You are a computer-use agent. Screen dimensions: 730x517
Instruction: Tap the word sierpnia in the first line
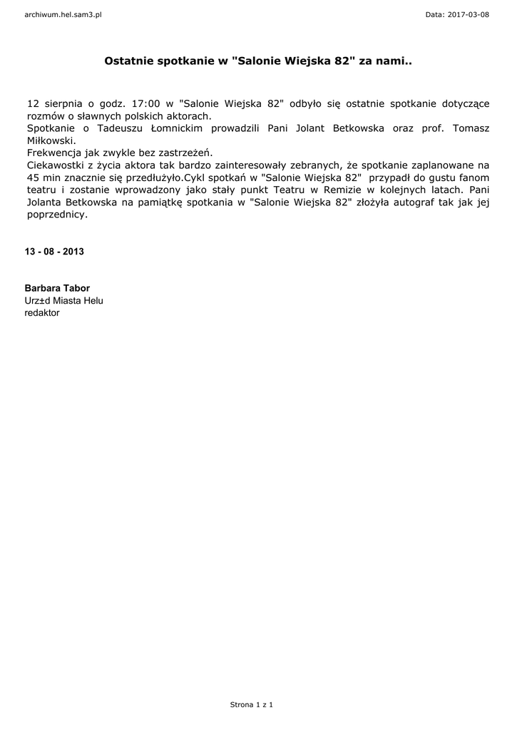[63, 103]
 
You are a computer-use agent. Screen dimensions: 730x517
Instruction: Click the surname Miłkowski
[51, 140]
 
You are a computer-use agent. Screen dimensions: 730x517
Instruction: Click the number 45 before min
[34, 177]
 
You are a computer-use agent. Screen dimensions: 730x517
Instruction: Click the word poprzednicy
[57, 214]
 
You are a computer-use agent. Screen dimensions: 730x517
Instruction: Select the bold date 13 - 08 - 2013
[54, 252]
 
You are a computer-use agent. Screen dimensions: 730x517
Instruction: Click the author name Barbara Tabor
[57, 288]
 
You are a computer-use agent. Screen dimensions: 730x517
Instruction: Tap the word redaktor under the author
[42, 312]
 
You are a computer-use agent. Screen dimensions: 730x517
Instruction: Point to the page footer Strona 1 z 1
[252, 704]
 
